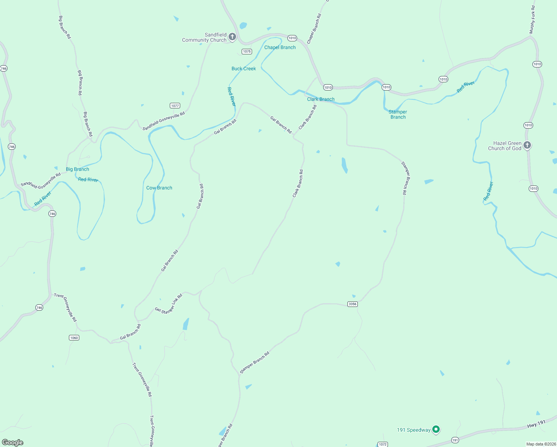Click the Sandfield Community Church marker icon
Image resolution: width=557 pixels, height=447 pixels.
(232, 37)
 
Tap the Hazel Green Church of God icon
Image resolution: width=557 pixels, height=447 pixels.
(527, 145)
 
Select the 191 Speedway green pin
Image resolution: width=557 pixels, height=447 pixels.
(436, 429)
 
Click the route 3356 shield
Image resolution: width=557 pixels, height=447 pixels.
(352, 304)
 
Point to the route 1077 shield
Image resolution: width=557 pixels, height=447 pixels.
(175, 105)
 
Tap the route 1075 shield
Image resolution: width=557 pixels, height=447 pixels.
(247, 51)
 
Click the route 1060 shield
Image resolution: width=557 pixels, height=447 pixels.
(74, 338)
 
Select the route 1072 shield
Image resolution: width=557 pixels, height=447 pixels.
(382, 444)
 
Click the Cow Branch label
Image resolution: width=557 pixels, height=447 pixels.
(159, 188)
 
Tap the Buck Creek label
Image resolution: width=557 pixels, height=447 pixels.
(244, 69)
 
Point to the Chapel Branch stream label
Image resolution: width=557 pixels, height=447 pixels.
(280, 47)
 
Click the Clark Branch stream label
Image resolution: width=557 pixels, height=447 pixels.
(321, 99)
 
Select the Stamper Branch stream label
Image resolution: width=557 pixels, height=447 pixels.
(398, 114)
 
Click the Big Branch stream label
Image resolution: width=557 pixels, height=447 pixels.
(77, 169)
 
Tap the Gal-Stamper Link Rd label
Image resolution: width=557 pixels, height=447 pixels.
(169, 304)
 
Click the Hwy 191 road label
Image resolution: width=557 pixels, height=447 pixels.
(536, 424)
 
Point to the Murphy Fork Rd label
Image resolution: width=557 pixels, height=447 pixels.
(532, 20)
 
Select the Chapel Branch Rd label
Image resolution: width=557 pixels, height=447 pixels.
(314, 29)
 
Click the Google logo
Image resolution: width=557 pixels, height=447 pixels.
(13, 443)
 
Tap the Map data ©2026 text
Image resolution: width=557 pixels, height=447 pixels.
(541, 444)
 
